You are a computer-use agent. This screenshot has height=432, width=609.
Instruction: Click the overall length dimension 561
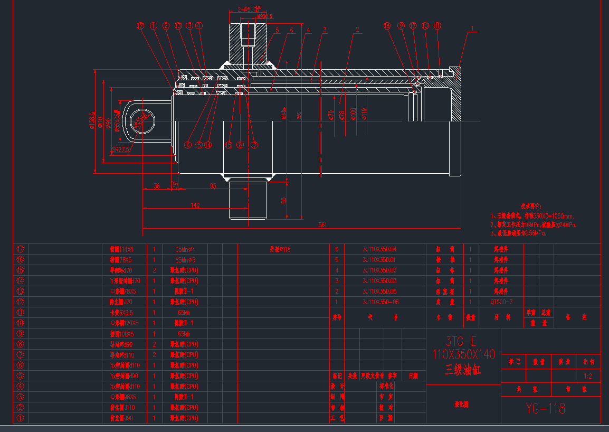tap(322, 225)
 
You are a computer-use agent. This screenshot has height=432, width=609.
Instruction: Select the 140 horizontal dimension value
tap(195, 205)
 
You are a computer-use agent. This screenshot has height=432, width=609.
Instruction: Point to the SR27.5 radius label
tap(121, 149)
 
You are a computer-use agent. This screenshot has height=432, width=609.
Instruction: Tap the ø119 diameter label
tap(364, 114)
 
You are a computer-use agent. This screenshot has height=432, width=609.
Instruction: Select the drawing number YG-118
tap(546, 408)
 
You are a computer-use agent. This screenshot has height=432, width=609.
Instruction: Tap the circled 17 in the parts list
tap(21, 249)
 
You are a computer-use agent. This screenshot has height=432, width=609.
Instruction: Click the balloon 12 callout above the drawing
tap(140, 25)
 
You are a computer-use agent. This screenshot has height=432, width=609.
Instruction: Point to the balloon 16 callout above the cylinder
tap(387, 25)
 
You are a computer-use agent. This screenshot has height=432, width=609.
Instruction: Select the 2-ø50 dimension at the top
tap(250, 9)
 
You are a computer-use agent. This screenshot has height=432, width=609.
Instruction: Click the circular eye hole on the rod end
tap(140, 120)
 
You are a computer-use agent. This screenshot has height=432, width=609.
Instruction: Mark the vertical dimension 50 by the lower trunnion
tap(283, 200)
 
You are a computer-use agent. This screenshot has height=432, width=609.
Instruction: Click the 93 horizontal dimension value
tap(213, 186)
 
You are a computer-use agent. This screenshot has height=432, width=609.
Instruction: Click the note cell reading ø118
tap(280, 249)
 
